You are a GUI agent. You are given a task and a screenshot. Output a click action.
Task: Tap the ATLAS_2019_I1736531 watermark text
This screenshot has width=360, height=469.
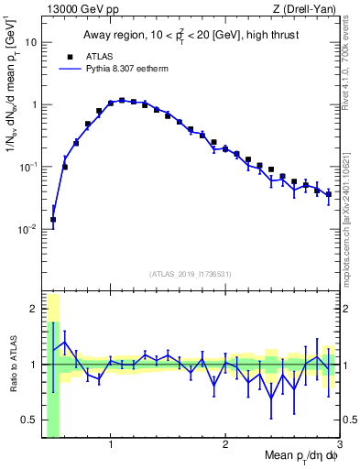191,274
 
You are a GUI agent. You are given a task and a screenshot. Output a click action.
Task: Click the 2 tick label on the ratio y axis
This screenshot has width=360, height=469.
34,309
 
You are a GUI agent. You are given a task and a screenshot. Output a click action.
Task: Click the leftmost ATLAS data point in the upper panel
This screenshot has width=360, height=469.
53,220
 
